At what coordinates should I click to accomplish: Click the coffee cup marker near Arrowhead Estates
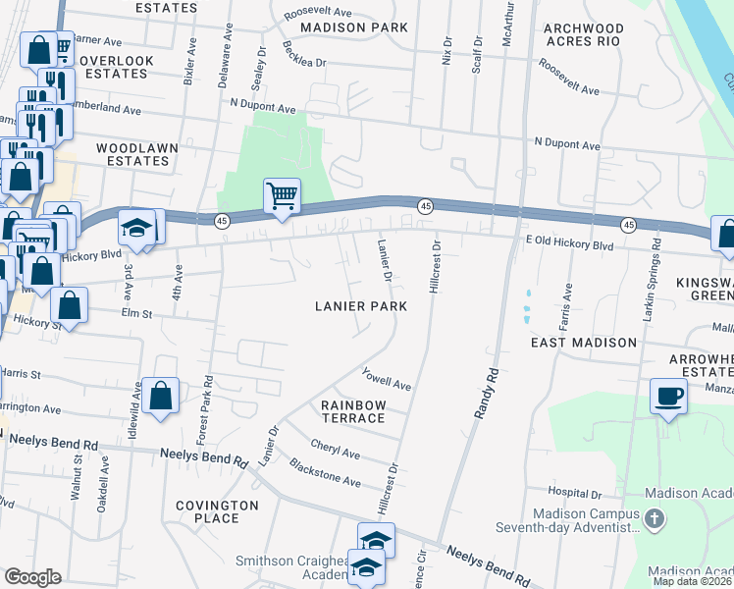pos(669,397)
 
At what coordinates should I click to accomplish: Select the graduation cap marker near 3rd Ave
pos(134,229)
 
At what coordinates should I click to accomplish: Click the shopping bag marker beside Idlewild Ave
pos(161,398)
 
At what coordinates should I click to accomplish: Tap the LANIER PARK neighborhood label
pos(361,306)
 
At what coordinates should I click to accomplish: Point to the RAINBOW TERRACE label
pos(353,411)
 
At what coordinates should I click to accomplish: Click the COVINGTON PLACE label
pos(218,511)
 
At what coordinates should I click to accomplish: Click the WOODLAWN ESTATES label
pos(136,154)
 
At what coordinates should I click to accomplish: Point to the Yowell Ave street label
pos(386,379)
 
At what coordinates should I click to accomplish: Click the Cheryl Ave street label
pos(336,449)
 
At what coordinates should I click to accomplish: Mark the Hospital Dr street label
pos(575,492)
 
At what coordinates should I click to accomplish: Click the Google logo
pos(32,577)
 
